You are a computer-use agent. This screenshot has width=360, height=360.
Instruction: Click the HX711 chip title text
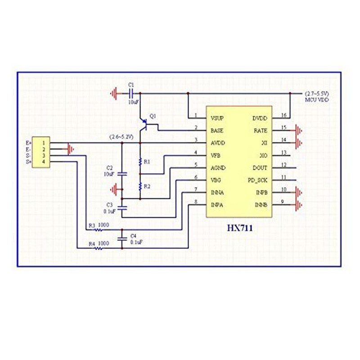coord(240,228)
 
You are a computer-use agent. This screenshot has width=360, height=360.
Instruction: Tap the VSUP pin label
coord(217,118)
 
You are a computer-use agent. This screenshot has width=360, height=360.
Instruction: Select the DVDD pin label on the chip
coord(260,118)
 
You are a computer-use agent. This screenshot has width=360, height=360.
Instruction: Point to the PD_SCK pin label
coord(257,180)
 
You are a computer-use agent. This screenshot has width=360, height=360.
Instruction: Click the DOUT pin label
coord(260,168)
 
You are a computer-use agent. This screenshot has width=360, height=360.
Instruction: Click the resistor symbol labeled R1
coord(140,162)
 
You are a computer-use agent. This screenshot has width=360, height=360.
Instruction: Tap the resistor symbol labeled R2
coord(140,186)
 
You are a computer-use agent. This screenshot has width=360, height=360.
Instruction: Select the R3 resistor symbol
coord(99,229)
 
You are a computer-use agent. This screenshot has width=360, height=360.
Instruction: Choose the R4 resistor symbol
coord(99,248)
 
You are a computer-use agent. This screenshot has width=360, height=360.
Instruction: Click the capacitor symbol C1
coord(131,94)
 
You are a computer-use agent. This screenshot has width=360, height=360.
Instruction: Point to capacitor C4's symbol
coord(122,239)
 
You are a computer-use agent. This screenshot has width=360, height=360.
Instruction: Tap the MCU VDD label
coord(317,100)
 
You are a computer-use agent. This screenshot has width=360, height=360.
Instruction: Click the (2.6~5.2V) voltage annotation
coord(121,137)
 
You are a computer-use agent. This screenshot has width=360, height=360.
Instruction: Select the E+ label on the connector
coord(29,143)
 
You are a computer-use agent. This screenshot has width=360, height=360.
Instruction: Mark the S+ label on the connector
coord(29,162)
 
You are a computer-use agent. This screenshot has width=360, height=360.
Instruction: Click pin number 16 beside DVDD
coord(284,115)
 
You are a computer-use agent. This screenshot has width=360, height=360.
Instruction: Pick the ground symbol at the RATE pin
coord(298,130)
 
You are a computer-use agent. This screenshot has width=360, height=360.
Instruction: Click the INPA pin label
coord(217,205)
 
